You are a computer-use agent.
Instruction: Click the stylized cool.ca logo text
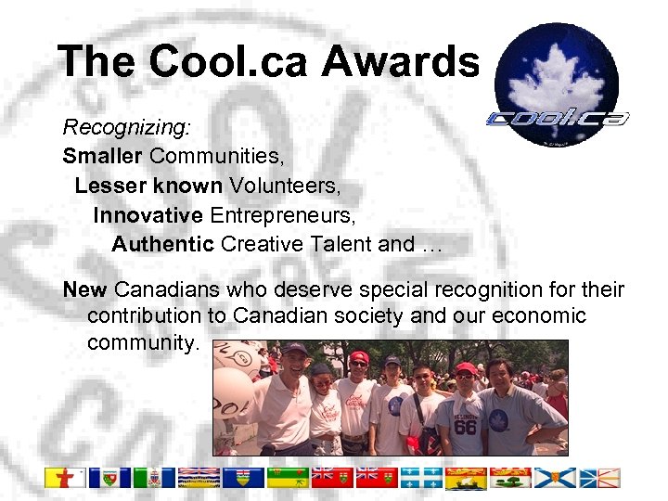[558, 119]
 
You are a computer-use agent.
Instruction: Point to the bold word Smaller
[103, 155]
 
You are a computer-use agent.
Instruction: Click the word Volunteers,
[285, 186]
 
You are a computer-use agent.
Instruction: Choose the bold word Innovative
[148, 215]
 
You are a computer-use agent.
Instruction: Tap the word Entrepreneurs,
[283, 215]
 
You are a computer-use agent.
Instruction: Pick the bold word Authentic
[163, 245]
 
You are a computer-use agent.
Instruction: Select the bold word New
[84, 289]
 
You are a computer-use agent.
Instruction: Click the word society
[357, 316]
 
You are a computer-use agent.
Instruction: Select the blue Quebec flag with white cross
[423, 478]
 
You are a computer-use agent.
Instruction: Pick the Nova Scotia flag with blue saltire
[556, 478]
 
